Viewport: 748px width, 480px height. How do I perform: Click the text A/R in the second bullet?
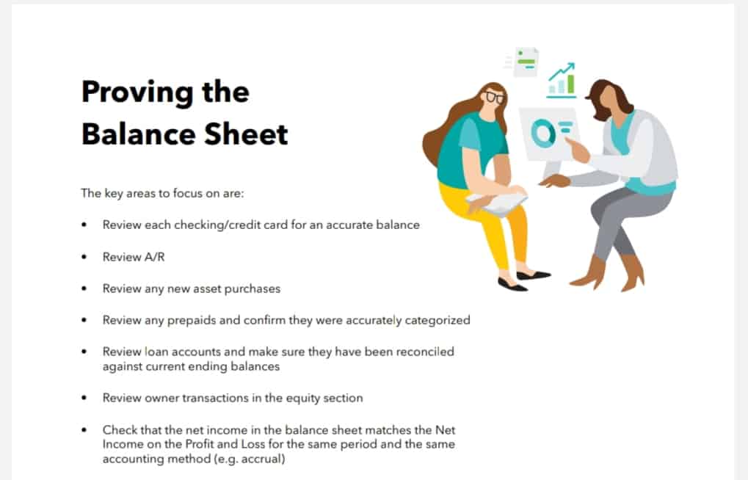tap(155, 257)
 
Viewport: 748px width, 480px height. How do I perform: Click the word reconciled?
tap(425, 352)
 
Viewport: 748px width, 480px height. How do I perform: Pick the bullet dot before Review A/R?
tap(84, 257)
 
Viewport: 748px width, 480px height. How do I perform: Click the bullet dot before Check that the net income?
tap(84, 430)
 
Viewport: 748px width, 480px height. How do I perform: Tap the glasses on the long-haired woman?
tap(494, 98)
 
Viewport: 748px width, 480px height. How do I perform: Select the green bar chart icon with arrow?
tap(562, 81)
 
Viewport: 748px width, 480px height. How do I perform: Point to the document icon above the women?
tap(526, 62)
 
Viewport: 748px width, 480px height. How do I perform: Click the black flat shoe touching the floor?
tap(512, 285)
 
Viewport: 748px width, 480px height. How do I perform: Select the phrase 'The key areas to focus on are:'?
tap(162, 193)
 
